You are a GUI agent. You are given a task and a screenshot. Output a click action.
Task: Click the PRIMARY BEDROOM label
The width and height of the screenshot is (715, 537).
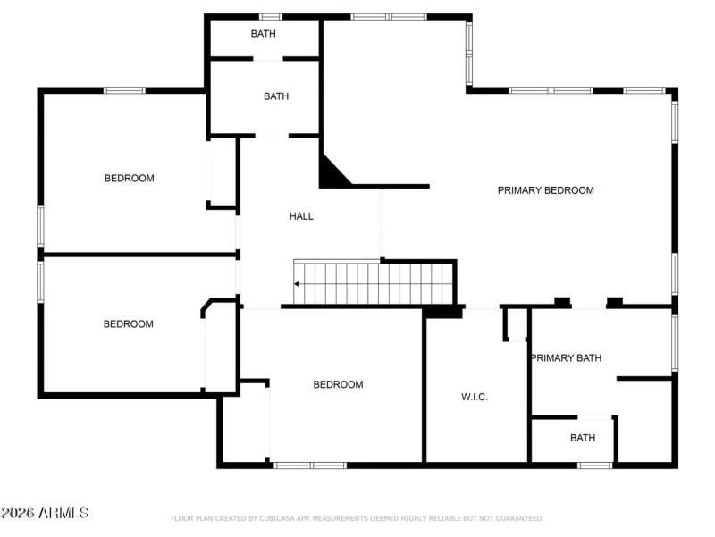tap(545, 190)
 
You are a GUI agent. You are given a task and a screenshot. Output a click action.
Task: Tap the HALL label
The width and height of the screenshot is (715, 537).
tap(301, 216)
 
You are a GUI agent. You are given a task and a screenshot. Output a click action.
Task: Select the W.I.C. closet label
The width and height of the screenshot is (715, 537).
tap(474, 397)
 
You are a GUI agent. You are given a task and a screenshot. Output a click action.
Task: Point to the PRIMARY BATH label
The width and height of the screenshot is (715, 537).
tap(566, 358)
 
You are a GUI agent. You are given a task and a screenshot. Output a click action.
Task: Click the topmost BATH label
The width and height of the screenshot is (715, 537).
tap(263, 34)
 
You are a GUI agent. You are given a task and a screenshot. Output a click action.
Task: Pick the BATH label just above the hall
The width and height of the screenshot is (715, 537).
tap(275, 96)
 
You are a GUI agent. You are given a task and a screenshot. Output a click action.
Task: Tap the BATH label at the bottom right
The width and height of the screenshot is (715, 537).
tap(583, 438)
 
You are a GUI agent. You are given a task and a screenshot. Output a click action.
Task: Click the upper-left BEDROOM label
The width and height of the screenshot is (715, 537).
tap(129, 179)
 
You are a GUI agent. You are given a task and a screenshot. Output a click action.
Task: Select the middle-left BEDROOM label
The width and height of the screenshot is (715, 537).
tap(128, 324)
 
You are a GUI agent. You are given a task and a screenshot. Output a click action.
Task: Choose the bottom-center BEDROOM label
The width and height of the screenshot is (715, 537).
tap(338, 385)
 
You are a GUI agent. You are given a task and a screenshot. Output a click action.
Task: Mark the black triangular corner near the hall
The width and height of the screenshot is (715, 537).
tap(332, 172)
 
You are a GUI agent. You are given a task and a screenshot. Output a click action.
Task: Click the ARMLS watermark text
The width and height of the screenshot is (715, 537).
tap(45, 513)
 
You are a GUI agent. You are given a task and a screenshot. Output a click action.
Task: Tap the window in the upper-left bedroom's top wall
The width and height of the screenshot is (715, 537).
tap(124, 90)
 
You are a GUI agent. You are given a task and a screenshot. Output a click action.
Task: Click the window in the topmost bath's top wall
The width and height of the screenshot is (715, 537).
tap(270, 16)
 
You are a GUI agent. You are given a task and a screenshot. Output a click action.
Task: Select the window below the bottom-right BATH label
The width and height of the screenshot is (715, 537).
tap(594, 465)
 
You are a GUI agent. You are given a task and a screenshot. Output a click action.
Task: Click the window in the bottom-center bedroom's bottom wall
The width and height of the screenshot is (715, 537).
tap(309, 465)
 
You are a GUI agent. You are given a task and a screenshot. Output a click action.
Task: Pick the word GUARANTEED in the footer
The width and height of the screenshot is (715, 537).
tap(518, 518)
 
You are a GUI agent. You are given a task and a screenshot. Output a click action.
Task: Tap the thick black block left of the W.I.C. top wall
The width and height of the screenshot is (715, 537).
tap(442, 312)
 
